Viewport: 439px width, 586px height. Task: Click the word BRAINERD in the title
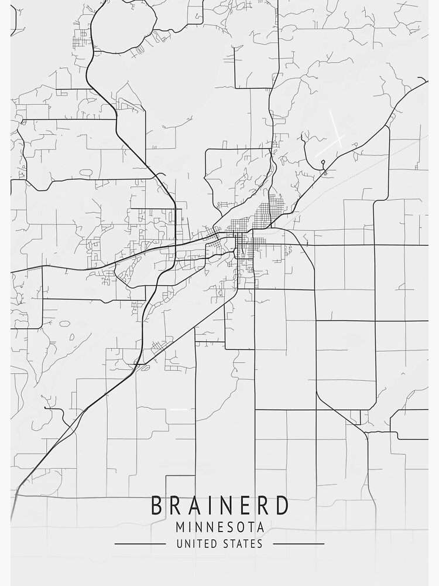(220, 505)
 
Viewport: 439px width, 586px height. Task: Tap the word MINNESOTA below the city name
(220, 527)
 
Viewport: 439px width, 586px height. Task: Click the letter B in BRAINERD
(157, 505)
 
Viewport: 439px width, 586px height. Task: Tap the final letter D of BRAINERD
(282, 505)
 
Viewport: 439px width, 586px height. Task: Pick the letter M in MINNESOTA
(180, 527)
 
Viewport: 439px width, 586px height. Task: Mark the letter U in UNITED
(180, 544)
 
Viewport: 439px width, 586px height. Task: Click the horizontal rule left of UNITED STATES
(140, 544)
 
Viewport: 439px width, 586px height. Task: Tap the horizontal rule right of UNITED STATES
(299, 544)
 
